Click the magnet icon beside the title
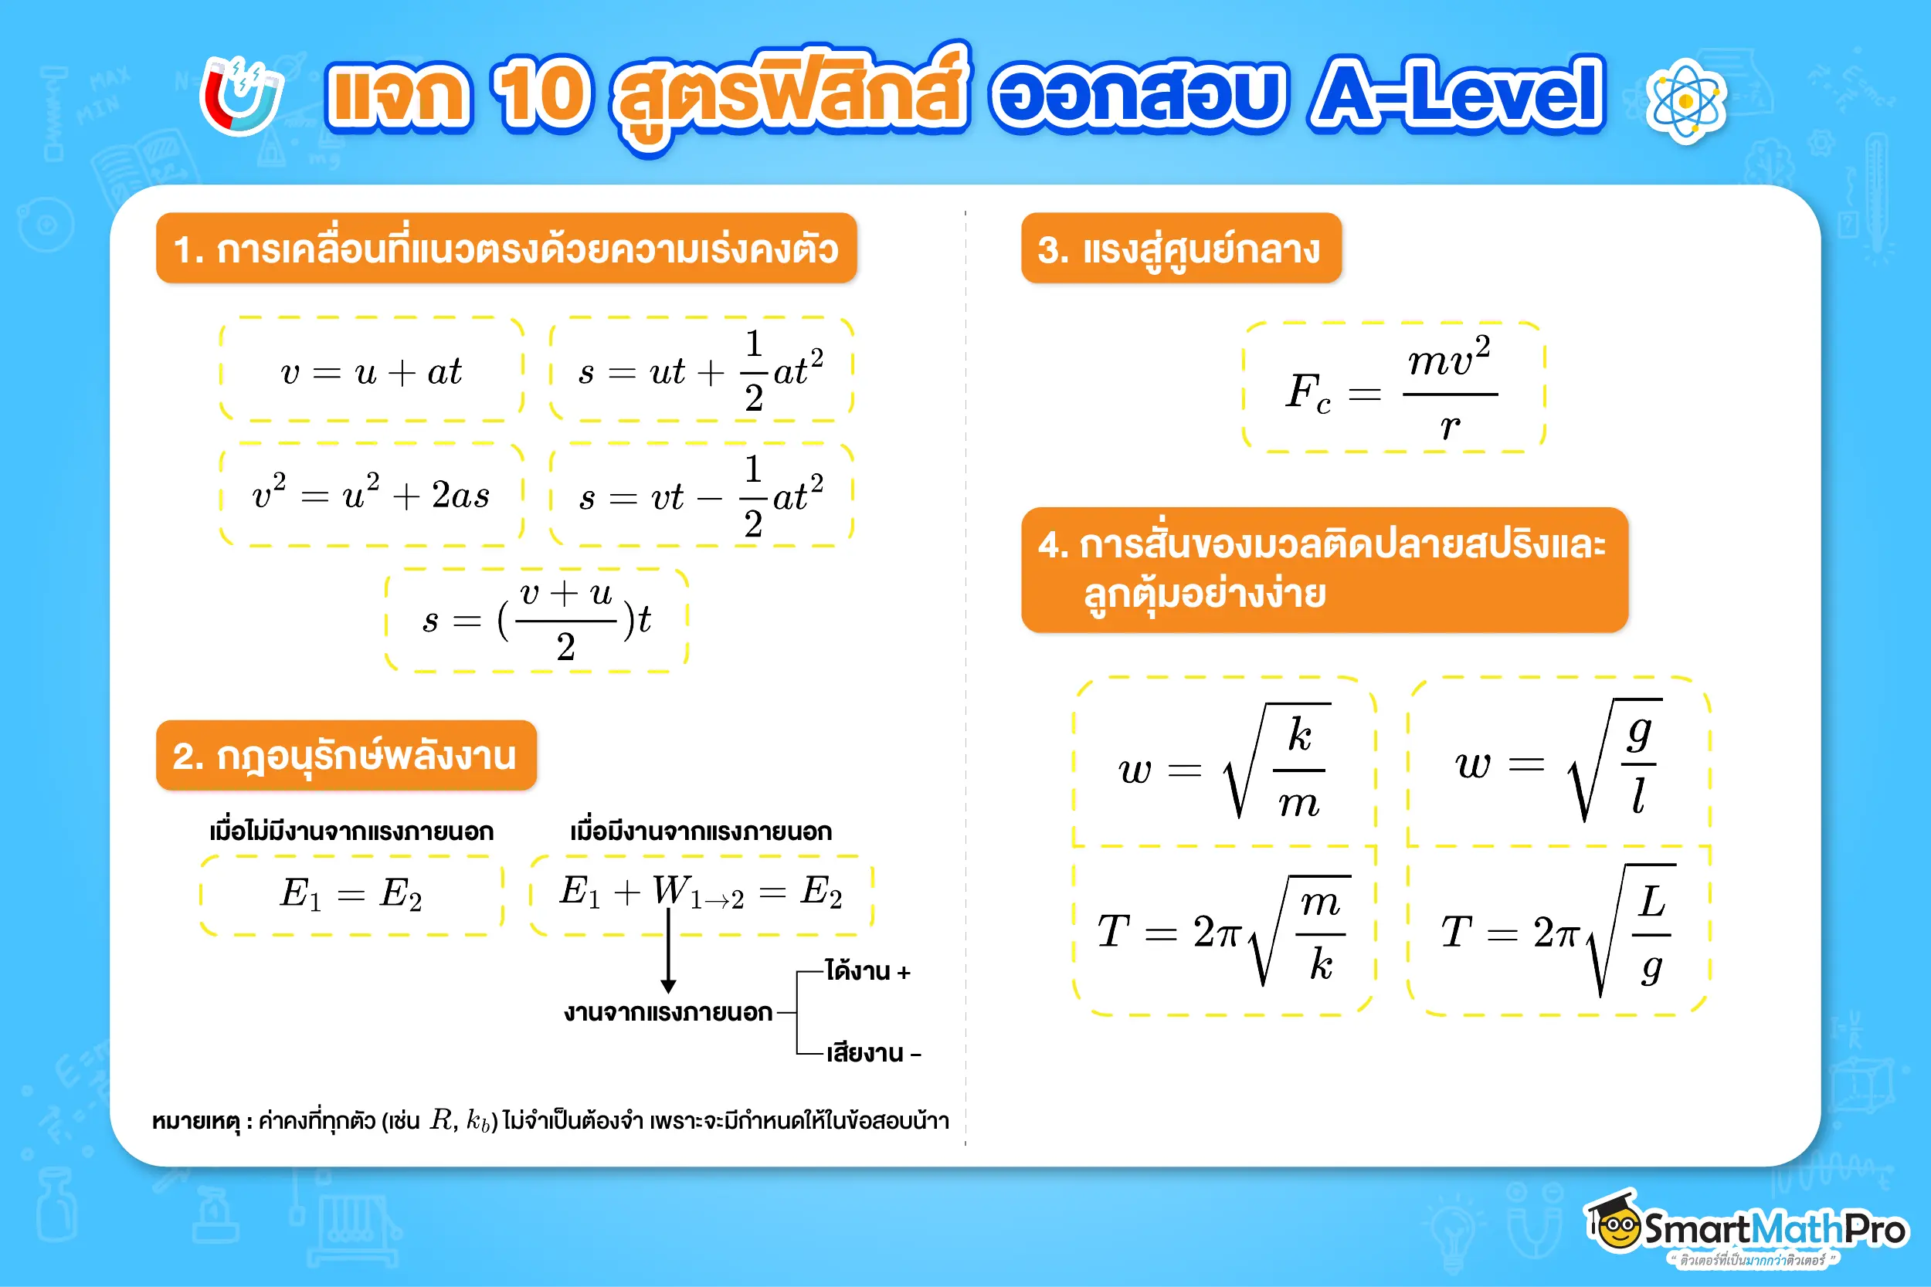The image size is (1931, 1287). (241, 97)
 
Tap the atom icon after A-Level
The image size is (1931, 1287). (1685, 102)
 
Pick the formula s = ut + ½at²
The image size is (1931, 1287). (701, 372)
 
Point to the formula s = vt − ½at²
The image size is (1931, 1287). (701, 496)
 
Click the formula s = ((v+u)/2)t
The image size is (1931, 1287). (536, 621)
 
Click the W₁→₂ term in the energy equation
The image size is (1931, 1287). (697, 893)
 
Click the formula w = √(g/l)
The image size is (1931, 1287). (1557, 764)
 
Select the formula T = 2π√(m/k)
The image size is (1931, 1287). (1223, 932)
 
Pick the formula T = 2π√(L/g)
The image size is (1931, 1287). (1557, 932)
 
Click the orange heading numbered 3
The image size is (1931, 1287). (1179, 249)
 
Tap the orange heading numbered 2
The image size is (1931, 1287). (345, 756)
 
